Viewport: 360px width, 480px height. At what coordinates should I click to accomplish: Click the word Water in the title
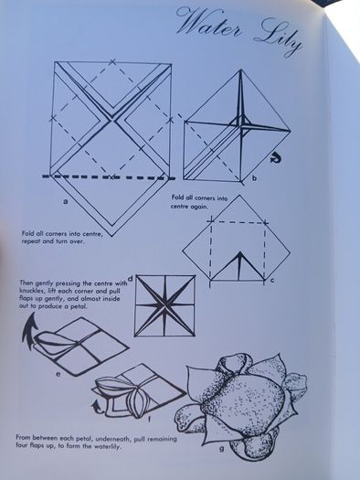pyautogui.click(x=209, y=23)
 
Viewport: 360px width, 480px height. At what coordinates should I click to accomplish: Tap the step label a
pyautogui.click(x=65, y=201)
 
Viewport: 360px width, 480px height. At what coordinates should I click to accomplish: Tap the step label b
pyautogui.click(x=254, y=178)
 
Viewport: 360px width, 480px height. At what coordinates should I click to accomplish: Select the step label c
pyautogui.click(x=272, y=280)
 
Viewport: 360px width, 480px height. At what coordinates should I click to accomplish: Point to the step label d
pyautogui.click(x=130, y=279)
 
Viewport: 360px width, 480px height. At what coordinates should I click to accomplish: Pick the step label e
pyautogui.click(x=58, y=374)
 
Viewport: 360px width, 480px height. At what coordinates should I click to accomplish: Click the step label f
pyautogui.click(x=149, y=419)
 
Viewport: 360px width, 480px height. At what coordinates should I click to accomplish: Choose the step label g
pyautogui.click(x=221, y=449)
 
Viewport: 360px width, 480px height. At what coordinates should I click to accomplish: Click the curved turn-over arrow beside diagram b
pyautogui.click(x=276, y=158)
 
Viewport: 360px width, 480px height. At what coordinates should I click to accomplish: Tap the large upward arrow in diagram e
pyautogui.click(x=29, y=332)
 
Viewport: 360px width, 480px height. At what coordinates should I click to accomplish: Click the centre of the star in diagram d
pyautogui.click(x=165, y=305)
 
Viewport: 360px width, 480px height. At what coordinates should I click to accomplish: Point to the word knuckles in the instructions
pyautogui.click(x=29, y=291)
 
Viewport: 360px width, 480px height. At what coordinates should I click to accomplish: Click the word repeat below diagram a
pyautogui.click(x=31, y=241)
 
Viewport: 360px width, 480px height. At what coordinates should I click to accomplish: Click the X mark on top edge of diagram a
pyautogui.click(x=112, y=62)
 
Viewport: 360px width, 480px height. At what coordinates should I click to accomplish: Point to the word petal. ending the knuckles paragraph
pyautogui.click(x=79, y=306)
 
